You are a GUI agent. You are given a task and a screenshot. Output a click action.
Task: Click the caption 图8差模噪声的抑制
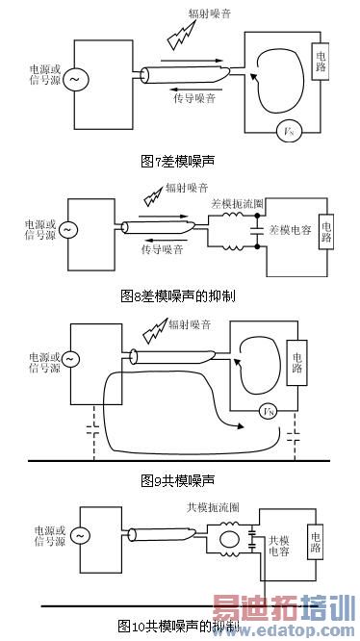[x=179, y=295]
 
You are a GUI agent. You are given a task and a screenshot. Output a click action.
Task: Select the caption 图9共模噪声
[x=179, y=478]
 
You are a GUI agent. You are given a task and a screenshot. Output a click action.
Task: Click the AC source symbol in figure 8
[x=69, y=230]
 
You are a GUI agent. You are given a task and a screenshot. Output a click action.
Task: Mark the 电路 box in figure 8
[x=327, y=232]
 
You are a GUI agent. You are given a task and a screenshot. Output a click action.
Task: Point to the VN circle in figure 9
[x=269, y=412]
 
